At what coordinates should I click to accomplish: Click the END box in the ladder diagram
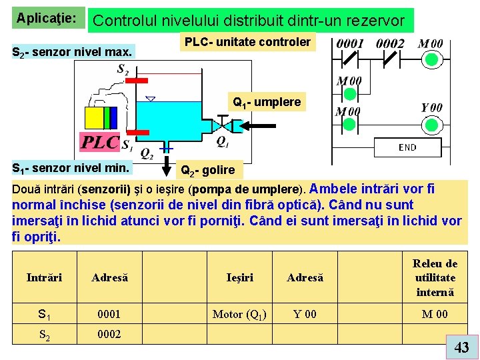407,147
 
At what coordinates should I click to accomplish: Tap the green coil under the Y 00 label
432,125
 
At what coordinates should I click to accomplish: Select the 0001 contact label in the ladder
350,43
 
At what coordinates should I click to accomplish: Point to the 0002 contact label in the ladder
390,43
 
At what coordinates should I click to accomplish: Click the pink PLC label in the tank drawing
99,142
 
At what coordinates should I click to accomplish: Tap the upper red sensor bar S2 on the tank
137,81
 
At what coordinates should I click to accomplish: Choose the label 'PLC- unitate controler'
247,42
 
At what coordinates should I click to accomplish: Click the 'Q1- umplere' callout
267,102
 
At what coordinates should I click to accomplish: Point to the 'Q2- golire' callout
208,170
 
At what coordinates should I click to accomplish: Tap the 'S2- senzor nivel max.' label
73,51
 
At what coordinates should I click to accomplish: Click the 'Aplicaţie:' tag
46,15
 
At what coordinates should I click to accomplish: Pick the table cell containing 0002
109,334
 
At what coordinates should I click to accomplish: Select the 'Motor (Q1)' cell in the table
239,314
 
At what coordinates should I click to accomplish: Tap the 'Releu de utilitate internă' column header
435,277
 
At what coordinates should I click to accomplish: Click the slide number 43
461,347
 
